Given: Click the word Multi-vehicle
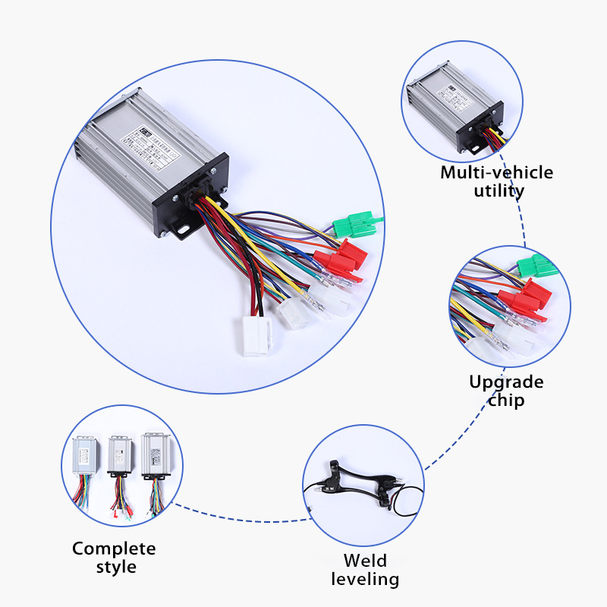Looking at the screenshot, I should click(x=497, y=173).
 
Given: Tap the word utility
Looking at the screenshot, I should click(x=498, y=191).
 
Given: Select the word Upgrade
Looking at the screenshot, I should click(x=506, y=381).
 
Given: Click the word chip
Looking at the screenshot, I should click(x=506, y=400).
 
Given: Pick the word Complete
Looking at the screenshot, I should click(x=114, y=548).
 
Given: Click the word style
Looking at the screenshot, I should click(x=115, y=567).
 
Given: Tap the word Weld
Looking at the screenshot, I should click(x=365, y=561).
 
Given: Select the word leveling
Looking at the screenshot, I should click(x=365, y=580).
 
